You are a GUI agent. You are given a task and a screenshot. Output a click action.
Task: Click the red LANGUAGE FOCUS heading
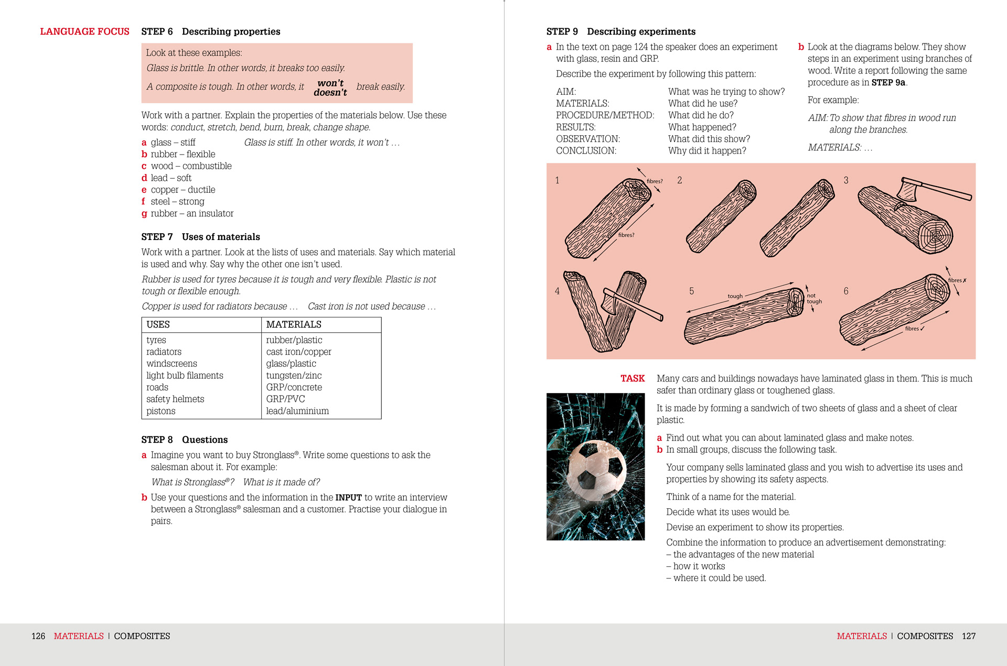pos(84,31)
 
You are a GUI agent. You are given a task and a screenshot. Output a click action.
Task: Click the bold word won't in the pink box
pos(330,83)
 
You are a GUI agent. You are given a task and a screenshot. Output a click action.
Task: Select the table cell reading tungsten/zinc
pos(294,376)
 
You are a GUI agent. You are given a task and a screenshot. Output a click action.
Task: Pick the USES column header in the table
pos(158,325)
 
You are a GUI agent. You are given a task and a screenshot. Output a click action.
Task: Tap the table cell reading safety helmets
pos(175,399)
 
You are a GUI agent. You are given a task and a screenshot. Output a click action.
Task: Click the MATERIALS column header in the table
pos(294,325)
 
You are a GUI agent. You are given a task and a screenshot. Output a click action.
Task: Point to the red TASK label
pos(633,378)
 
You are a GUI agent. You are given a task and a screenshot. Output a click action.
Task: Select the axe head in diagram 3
pos(909,190)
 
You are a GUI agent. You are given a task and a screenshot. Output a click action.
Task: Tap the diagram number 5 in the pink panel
pos(691,291)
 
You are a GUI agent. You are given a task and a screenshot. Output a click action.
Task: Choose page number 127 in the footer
pos(968,636)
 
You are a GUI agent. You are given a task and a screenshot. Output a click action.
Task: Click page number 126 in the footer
pos(38,636)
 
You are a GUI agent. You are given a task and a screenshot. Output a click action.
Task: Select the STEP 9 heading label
pos(562,31)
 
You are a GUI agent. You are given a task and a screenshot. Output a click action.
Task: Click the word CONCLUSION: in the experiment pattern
pos(586,151)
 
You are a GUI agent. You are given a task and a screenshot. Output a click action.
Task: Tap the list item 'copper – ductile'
pos(183,190)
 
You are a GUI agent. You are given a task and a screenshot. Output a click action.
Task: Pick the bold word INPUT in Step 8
pos(348,498)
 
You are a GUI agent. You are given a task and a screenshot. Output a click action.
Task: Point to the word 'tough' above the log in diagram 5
pos(735,296)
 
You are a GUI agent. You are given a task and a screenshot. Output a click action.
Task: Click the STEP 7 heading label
pos(157,237)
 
